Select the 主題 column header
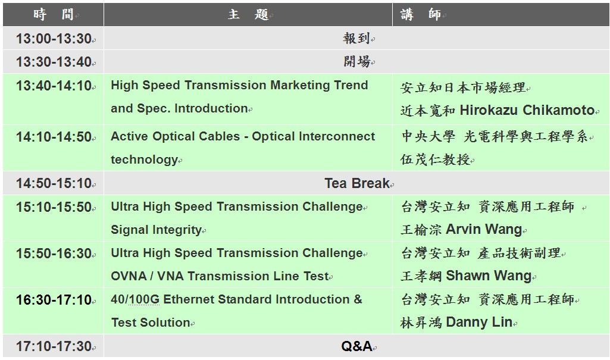[x=248, y=15]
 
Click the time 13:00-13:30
[x=54, y=39]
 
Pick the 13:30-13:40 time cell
[x=54, y=62]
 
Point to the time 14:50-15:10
[x=54, y=183]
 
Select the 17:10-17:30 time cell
[x=54, y=346]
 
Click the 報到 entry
[x=356, y=38]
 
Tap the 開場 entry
[x=356, y=61]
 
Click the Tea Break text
[x=356, y=183]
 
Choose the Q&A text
[x=356, y=346]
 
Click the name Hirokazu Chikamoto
[x=527, y=111]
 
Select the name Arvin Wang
[x=484, y=229]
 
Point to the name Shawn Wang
[x=488, y=276]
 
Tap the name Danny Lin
[x=479, y=323]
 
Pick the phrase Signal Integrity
[x=156, y=230]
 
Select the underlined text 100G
[x=144, y=299]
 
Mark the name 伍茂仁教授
[x=435, y=159]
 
